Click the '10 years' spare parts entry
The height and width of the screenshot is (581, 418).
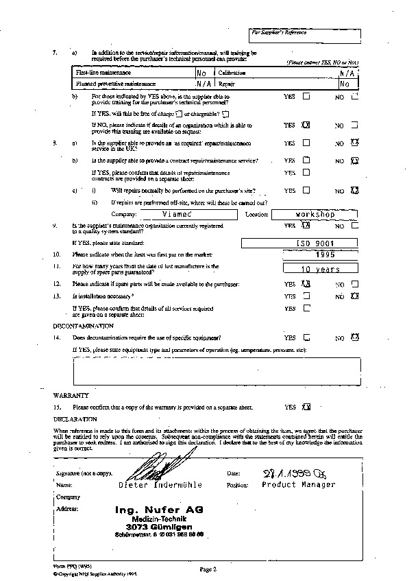(x=321, y=269)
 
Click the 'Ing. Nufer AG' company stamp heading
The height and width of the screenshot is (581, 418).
(x=160, y=510)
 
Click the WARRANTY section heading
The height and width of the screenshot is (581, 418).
(x=71, y=395)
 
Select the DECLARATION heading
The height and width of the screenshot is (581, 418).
(x=75, y=418)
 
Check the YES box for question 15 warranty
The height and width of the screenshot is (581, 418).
(x=306, y=406)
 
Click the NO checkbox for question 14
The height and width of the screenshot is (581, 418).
(x=355, y=337)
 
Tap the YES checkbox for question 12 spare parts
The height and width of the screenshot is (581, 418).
(x=306, y=283)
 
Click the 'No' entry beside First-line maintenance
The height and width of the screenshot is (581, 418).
(x=201, y=73)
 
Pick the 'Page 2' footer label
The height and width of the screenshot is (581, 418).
(x=208, y=569)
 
